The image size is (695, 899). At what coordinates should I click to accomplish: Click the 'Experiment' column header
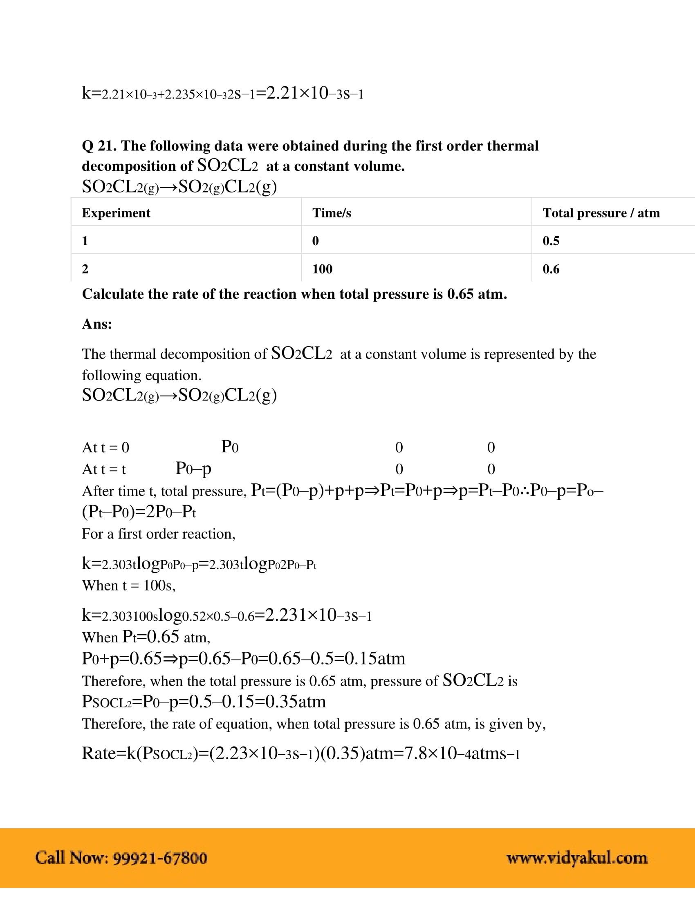click(x=116, y=213)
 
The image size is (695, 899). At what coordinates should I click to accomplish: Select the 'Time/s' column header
click(x=332, y=213)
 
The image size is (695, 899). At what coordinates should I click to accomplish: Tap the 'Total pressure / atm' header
click(x=601, y=213)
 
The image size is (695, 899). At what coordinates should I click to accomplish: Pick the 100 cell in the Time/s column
click(x=322, y=269)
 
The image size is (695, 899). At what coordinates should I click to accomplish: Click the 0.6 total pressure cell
click(x=551, y=269)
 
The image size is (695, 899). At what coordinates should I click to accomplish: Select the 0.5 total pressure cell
click(x=551, y=241)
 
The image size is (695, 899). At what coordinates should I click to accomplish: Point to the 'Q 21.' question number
click(x=99, y=146)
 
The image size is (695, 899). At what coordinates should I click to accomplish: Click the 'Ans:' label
click(x=97, y=324)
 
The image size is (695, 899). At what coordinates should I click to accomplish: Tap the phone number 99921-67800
click(x=160, y=858)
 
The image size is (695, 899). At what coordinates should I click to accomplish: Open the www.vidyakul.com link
click(x=576, y=858)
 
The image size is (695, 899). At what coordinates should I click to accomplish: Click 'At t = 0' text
click(x=105, y=447)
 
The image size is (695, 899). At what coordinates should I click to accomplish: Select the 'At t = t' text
click(x=104, y=469)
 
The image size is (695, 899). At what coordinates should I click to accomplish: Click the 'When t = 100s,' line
click(x=128, y=585)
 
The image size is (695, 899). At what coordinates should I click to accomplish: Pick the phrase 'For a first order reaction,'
click(x=159, y=534)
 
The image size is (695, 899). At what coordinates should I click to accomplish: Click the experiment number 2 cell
click(x=85, y=269)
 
